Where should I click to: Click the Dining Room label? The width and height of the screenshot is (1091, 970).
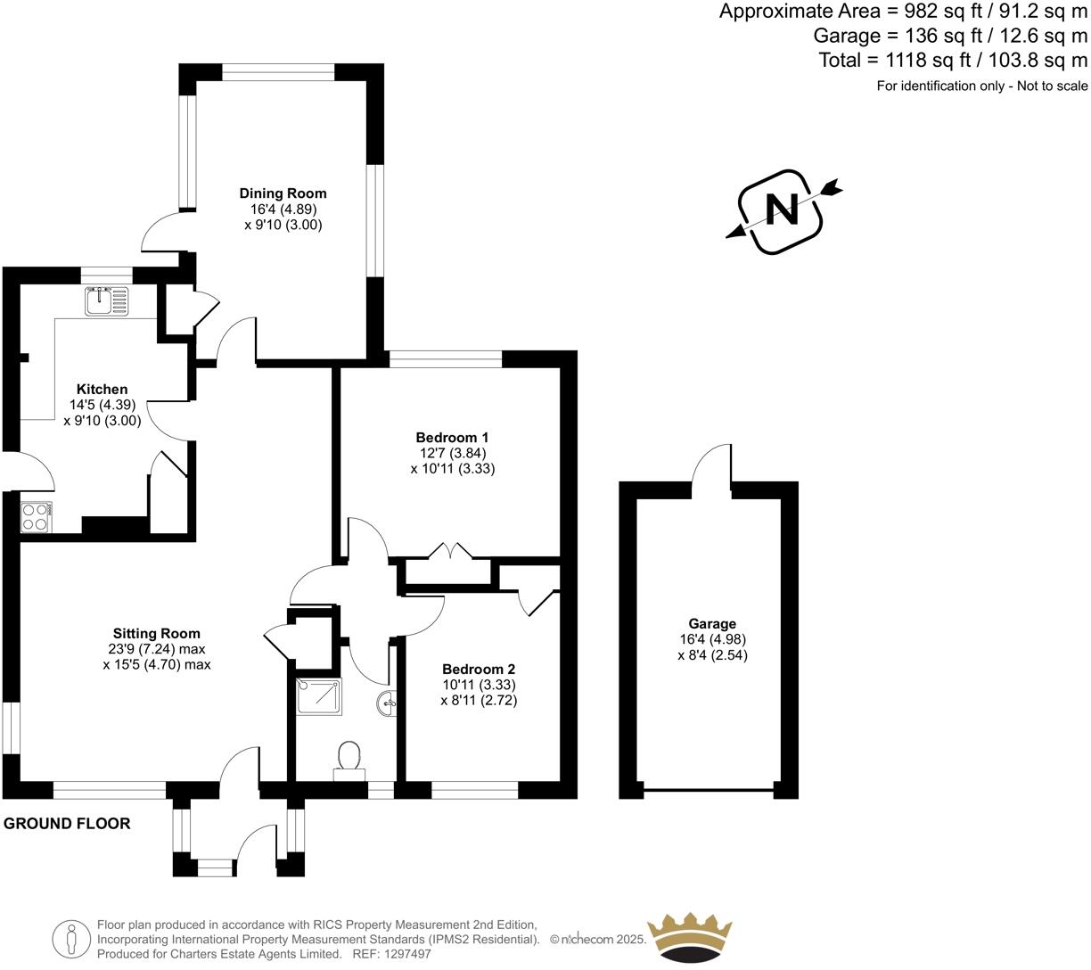pos(283,193)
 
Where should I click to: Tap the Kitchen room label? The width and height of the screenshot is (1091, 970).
pos(102,390)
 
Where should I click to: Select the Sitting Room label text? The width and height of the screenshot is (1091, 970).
pos(156,634)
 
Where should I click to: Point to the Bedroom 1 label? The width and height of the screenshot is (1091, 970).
pos(452,438)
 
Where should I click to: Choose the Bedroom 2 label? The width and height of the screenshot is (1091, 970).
pos(479,670)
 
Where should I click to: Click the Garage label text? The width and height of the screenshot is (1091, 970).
pos(712,624)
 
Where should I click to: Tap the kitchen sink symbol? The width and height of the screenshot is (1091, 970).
pos(107,301)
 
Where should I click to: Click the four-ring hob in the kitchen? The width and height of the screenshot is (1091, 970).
pos(36,517)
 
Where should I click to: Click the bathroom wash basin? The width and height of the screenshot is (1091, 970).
pos(388,703)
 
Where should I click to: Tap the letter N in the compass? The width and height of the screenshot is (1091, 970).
pos(783,210)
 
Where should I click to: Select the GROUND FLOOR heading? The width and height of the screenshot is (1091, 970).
pos(67,824)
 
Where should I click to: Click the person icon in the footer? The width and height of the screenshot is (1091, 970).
pos(70,939)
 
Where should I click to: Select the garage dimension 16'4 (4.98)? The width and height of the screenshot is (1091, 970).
pos(712,639)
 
